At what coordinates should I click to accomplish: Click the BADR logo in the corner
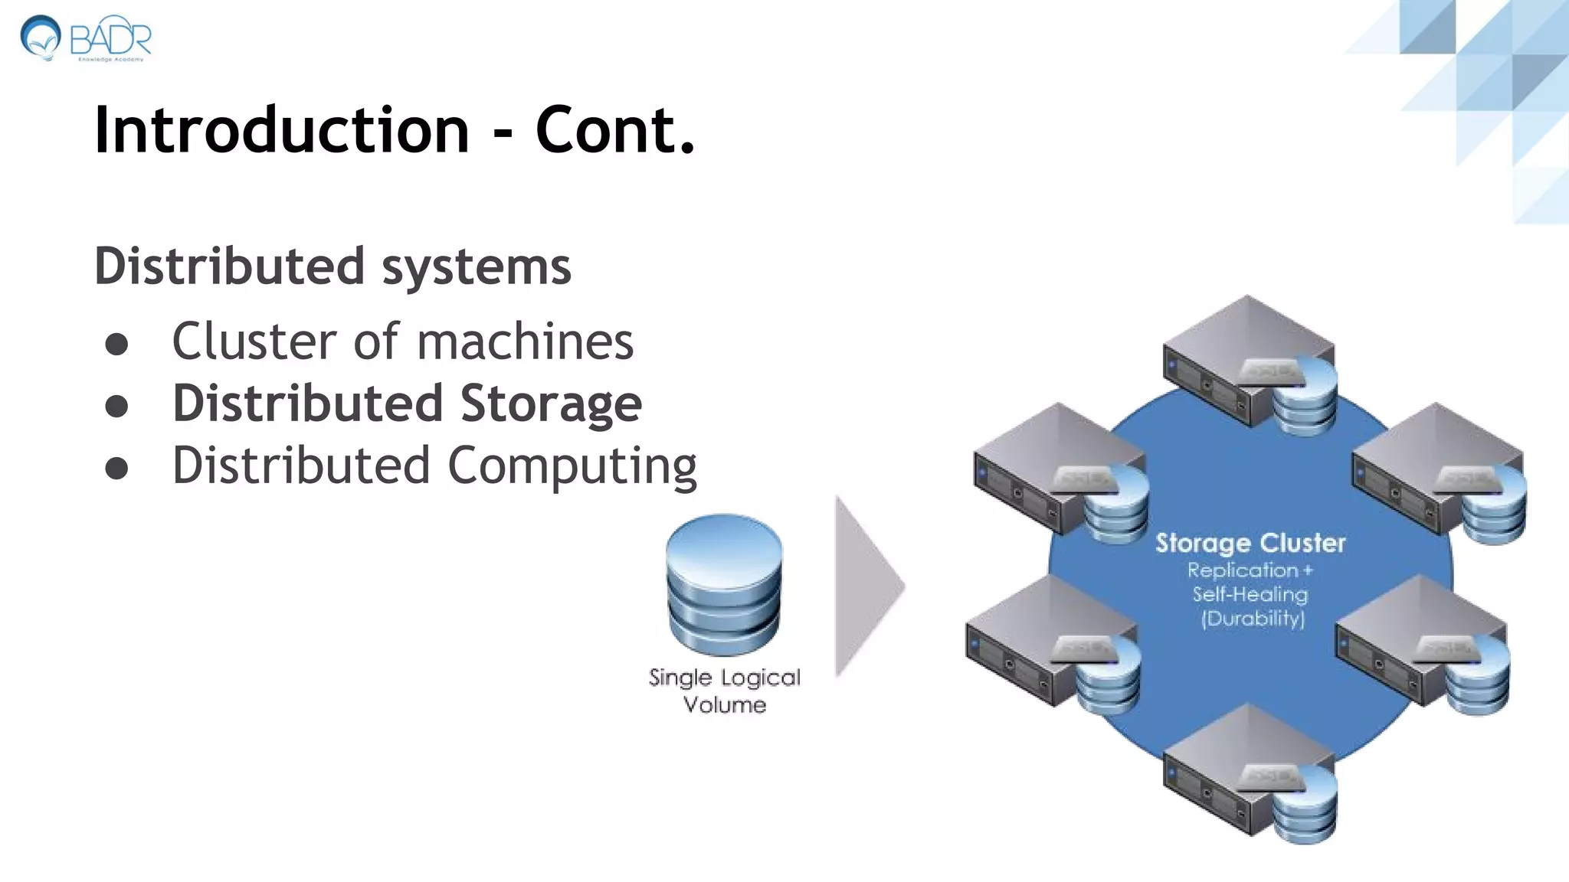point(86,38)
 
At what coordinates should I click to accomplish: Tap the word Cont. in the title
point(615,130)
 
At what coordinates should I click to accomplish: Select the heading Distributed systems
point(332,266)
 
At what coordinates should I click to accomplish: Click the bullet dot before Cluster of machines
point(116,344)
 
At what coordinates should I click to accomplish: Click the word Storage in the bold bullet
point(551,403)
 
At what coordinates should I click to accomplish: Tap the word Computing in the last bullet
point(572,466)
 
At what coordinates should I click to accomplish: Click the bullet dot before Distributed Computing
point(116,468)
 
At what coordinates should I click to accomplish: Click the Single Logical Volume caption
point(724,691)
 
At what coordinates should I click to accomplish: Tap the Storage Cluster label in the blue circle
point(1250,543)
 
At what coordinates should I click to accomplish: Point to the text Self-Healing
point(1250,595)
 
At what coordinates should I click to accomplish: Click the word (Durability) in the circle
point(1253,619)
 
